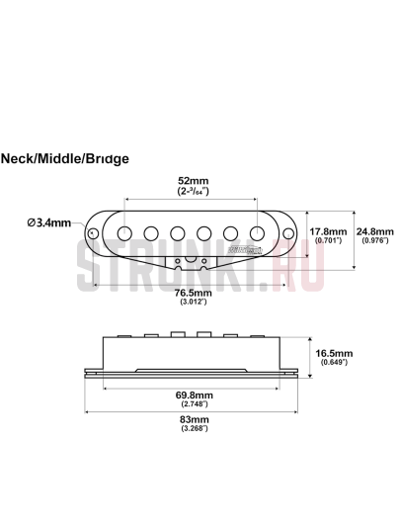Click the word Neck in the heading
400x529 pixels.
click(x=19, y=157)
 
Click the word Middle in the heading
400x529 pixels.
click(x=62, y=157)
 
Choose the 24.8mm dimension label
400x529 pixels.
click(x=375, y=232)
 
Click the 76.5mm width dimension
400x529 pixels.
click(x=193, y=294)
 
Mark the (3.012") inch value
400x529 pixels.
click(x=193, y=303)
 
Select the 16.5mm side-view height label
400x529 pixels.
click(x=332, y=352)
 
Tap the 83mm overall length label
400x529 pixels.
click(x=195, y=418)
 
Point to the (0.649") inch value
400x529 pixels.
click(x=332, y=362)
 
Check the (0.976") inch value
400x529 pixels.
click(x=375, y=241)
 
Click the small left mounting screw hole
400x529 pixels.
click(x=95, y=233)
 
